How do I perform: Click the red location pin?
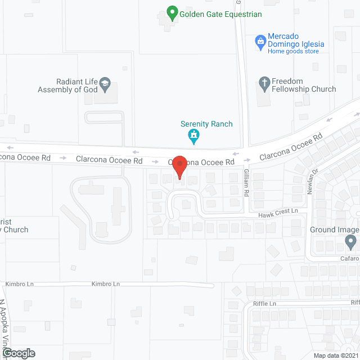179,166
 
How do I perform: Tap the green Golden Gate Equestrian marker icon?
173,12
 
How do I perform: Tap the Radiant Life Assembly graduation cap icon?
105,85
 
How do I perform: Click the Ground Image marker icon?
351,242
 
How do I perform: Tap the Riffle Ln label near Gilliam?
265,304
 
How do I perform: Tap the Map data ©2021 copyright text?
335,355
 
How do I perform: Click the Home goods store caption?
293,51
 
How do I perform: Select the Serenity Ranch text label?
206,124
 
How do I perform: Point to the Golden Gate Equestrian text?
221,14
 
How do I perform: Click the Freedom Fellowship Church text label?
304,85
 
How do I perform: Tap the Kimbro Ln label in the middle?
106,284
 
